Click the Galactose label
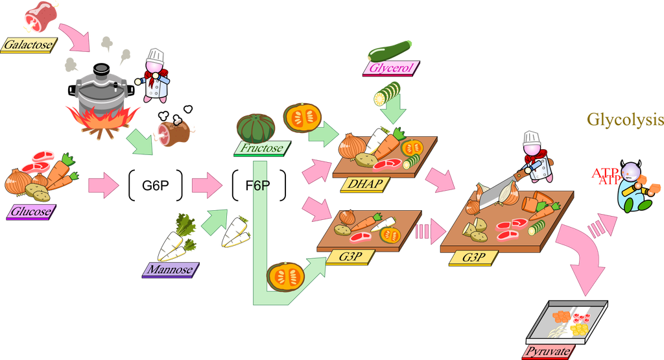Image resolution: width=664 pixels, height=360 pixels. pos(29,45)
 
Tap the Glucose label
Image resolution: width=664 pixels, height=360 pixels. pos(31,211)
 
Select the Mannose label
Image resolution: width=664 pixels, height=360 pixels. pos(171,270)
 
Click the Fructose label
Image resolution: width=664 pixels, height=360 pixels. pos(263,149)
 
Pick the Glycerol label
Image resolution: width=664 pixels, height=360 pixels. pos(391,68)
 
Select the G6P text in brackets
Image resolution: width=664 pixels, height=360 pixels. pos(156,186)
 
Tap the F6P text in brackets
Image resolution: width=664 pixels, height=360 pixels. pos(258,186)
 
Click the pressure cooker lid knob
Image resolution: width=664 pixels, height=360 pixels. pos(101,69)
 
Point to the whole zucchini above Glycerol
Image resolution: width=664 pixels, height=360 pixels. pos(390,51)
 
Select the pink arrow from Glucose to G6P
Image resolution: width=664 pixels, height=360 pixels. pos(104,186)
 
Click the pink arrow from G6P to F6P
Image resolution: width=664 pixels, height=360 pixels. pos(207,186)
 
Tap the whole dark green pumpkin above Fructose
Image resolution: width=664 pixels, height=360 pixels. pos(255,128)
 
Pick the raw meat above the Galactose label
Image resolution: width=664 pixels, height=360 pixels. pos(40,17)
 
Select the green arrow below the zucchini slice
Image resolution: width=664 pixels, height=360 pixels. pos(393,108)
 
